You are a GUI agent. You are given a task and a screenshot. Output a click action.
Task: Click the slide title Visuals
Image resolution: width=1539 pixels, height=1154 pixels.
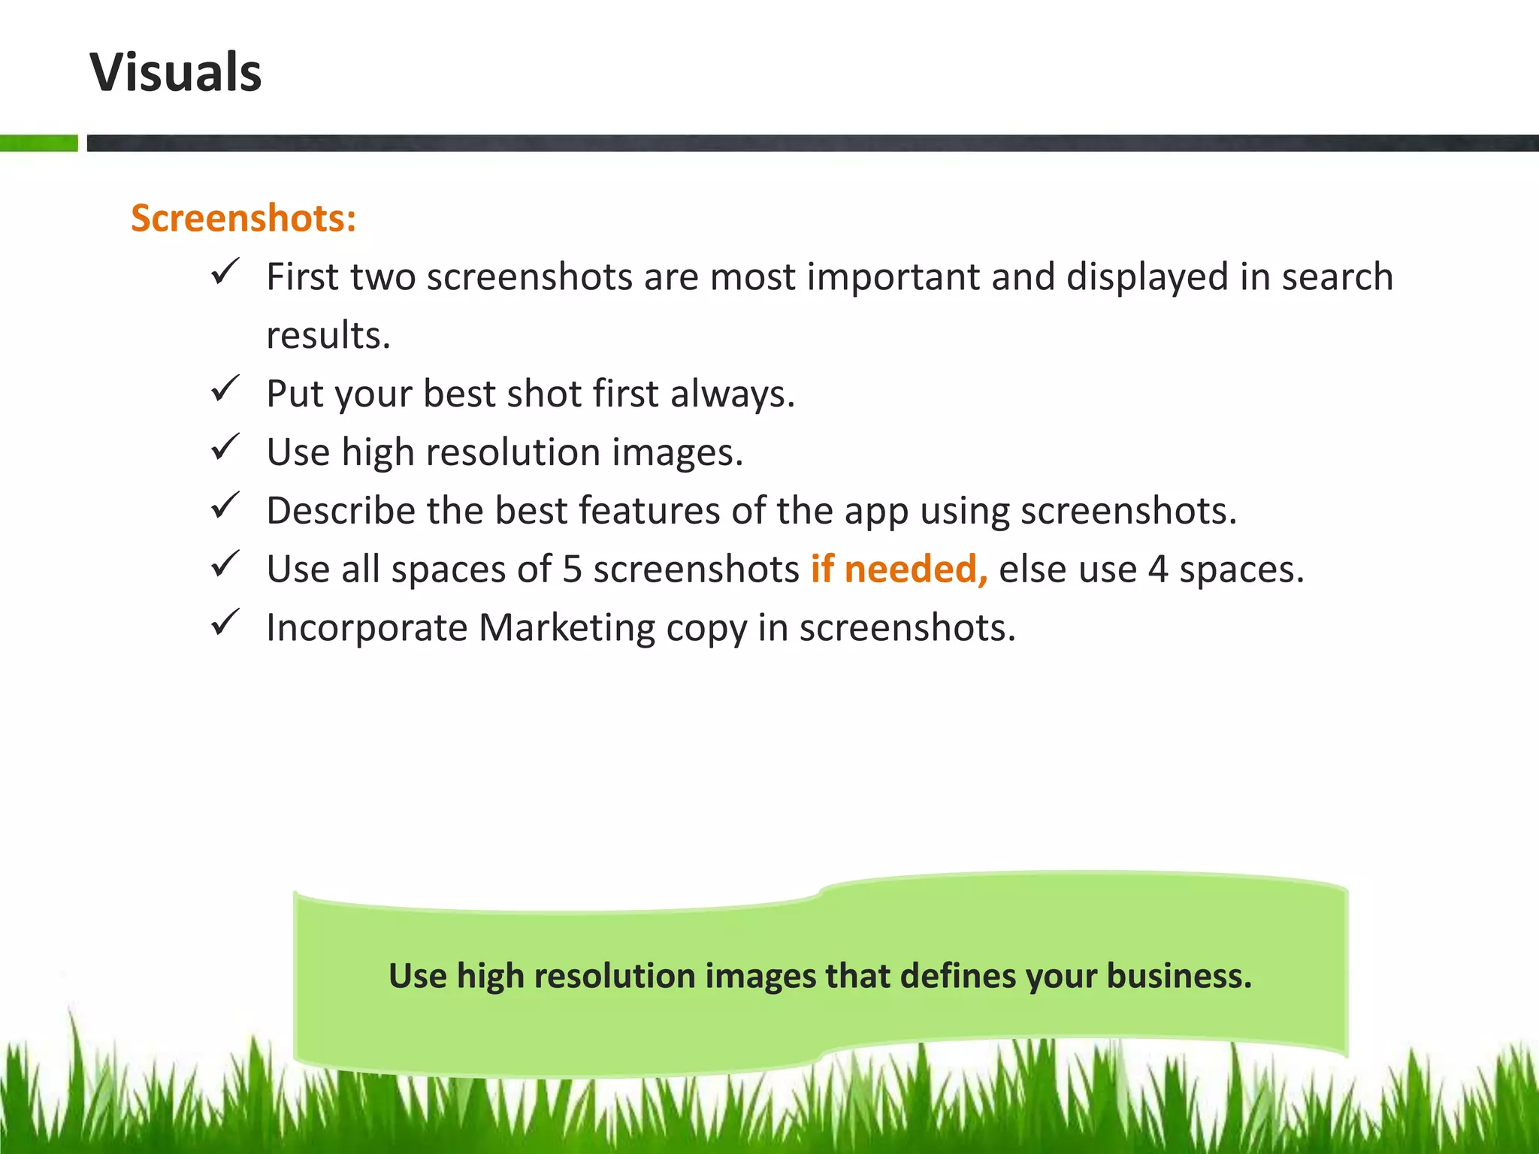[x=176, y=73]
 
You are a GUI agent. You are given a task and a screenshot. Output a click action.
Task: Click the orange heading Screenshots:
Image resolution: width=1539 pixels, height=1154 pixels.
[x=243, y=219]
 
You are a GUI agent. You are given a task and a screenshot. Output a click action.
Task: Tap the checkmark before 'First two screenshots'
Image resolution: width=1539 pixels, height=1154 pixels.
[x=225, y=271]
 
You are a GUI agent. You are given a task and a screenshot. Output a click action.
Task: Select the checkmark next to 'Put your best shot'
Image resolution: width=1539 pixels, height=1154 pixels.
[x=225, y=388]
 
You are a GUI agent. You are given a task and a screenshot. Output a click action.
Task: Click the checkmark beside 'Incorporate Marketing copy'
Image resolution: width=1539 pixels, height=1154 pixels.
[x=225, y=623]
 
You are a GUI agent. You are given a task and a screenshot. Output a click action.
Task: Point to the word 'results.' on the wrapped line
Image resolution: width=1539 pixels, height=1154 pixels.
[x=328, y=335]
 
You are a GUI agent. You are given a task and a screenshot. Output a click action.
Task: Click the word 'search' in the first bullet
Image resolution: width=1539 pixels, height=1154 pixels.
[x=1337, y=276]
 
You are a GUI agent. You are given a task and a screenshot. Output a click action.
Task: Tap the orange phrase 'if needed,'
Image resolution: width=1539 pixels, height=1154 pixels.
[x=899, y=569]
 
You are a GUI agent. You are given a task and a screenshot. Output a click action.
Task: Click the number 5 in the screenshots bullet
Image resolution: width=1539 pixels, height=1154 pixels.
[x=572, y=569]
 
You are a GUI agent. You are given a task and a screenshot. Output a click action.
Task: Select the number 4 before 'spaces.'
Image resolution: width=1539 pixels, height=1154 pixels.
[x=1157, y=569]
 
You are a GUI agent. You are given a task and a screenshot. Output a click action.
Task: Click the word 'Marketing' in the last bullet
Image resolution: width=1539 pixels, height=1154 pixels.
[x=567, y=627]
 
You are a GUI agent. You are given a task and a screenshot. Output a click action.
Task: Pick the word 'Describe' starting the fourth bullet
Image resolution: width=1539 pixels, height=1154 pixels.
[x=340, y=511]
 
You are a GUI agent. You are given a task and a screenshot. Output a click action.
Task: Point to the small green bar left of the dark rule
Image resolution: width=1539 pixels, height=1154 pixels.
[x=38, y=143]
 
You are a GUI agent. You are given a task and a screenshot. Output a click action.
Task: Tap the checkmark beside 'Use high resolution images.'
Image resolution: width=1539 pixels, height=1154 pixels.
[x=225, y=447]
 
